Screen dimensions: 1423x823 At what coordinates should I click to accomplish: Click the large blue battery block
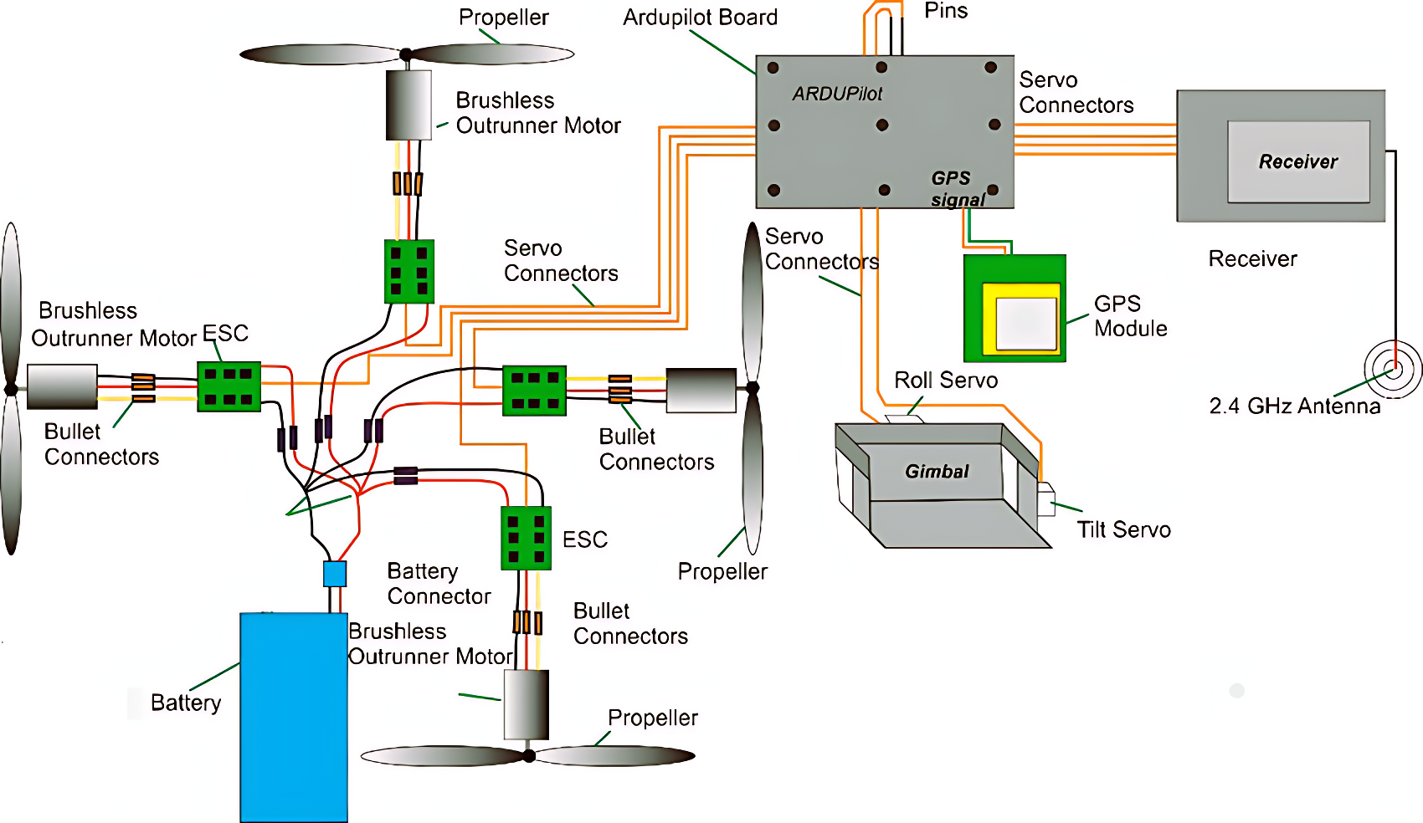click(x=294, y=718)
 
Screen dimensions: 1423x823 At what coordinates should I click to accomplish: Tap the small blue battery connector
click(x=335, y=574)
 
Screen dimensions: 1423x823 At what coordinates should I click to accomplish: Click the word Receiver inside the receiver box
click(x=1297, y=161)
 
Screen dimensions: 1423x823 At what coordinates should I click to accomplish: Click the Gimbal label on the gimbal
click(x=937, y=472)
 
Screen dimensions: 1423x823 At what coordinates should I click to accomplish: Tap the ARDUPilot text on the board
click(x=837, y=94)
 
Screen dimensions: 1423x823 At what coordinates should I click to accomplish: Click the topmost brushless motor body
click(x=408, y=105)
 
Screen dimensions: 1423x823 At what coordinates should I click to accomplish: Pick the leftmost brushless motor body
click(x=62, y=386)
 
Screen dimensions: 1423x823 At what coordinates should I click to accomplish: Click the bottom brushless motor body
click(x=526, y=704)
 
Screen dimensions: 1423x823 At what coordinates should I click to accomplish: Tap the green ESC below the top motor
click(x=409, y=272)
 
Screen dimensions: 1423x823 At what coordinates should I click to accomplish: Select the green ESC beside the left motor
click(x=229, y=386)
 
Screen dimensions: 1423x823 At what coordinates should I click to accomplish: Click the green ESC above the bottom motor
click(x=526, y=538)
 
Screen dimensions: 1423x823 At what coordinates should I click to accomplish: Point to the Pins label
click(x=946, y=11)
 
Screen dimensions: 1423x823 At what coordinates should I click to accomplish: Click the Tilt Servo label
click(x=1123, y=529)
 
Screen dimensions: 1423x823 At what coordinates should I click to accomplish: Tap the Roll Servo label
click(x=946, y=380)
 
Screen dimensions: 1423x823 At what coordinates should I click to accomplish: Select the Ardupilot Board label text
click(x=700, y=17)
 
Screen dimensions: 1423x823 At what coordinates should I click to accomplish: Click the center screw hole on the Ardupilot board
click(x=881, y=125)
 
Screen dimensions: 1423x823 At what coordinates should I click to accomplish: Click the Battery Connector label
click(x=439, y=584)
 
